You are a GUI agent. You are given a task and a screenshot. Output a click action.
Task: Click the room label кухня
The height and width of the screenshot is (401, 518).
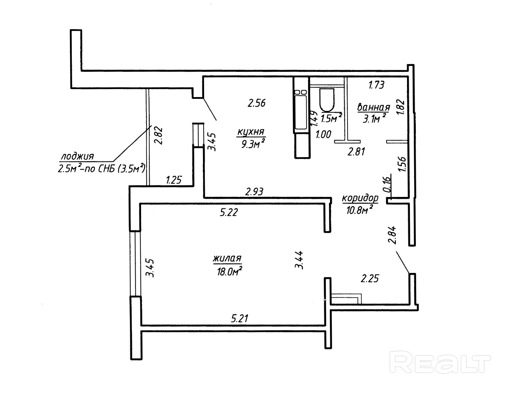251,132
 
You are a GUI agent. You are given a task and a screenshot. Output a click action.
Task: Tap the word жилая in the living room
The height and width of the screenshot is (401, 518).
227,259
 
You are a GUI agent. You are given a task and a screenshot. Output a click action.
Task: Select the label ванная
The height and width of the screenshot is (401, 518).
373,107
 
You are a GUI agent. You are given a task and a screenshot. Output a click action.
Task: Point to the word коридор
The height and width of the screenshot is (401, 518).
360,198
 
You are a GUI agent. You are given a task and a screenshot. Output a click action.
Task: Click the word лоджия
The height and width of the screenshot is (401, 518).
77,156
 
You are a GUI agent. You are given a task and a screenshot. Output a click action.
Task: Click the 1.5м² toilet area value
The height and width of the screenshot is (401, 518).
331,118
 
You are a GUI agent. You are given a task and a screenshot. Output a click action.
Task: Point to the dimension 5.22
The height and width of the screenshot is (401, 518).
229,212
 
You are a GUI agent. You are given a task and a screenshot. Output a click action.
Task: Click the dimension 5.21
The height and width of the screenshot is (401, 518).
240,319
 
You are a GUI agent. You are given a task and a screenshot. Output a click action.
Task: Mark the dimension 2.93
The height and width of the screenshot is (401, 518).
254,192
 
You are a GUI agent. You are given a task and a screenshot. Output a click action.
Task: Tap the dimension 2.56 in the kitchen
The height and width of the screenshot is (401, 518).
257,103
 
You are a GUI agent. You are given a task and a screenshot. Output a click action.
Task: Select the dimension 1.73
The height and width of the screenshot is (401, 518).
377,85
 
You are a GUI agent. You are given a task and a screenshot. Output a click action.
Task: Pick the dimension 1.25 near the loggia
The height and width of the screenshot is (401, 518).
174,181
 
